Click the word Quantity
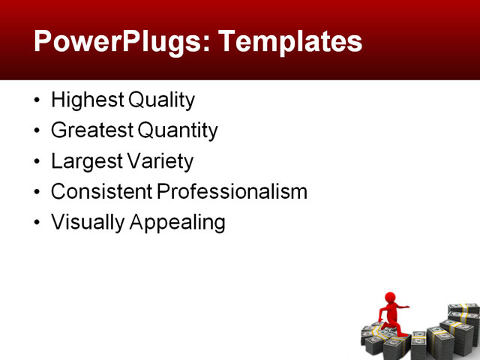178,131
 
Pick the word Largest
83,161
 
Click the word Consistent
101,192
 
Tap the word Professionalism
232,192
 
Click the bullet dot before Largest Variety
38,162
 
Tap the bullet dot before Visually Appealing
38,223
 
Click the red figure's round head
390,298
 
